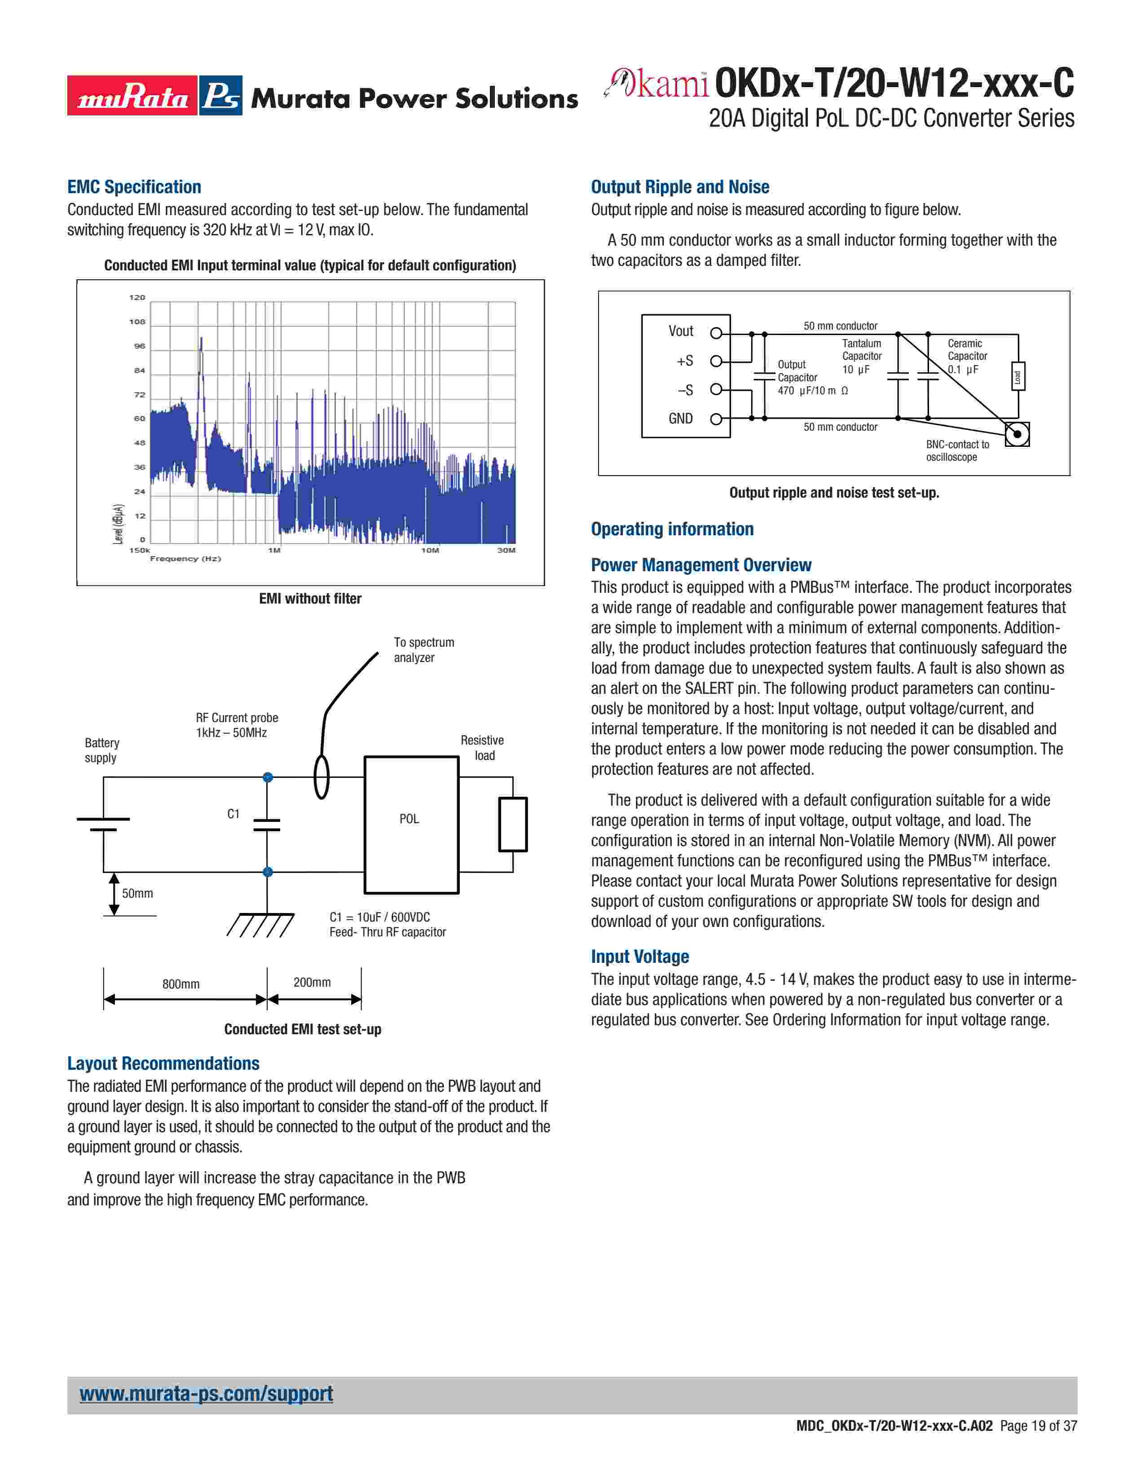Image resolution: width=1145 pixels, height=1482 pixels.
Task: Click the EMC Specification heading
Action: click(x=134, y=187)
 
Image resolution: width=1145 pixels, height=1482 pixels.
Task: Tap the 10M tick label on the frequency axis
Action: click(x=430, y=550)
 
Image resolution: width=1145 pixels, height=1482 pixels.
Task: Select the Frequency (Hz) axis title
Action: click(x=185, y=559)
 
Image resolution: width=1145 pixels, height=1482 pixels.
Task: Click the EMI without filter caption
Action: click(x=310, y=599)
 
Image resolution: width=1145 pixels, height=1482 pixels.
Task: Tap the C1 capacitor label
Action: click(x=233, y=814)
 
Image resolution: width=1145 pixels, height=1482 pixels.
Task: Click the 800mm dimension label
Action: click(x=181, y=984)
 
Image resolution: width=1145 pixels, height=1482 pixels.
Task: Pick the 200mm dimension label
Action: click(x=312, y=982)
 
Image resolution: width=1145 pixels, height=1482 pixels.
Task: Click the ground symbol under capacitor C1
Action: click(x=260, y=924)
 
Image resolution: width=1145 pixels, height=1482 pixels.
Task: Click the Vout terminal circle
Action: click(x=716, y=333)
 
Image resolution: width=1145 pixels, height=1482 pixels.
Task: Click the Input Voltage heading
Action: click(x=640, y=957)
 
